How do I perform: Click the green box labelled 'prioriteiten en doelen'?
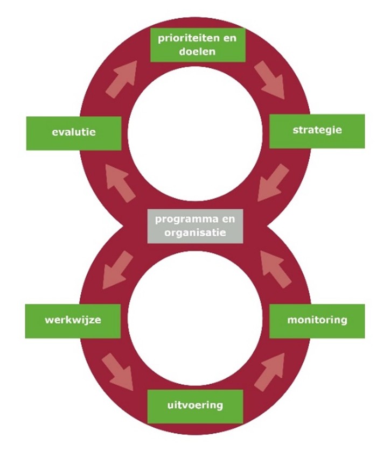(198, 45)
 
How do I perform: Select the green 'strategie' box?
(317, 131)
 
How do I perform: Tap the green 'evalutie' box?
(74, 132)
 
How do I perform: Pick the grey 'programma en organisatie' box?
(195, 227)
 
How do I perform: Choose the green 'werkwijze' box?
(73, 321)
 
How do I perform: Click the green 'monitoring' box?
(317, 321)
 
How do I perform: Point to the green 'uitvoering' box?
(195, 405)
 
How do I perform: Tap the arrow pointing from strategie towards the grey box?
(273, 183)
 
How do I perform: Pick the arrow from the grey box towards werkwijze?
(118, 269)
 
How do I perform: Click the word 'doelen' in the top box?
(197, 52)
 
